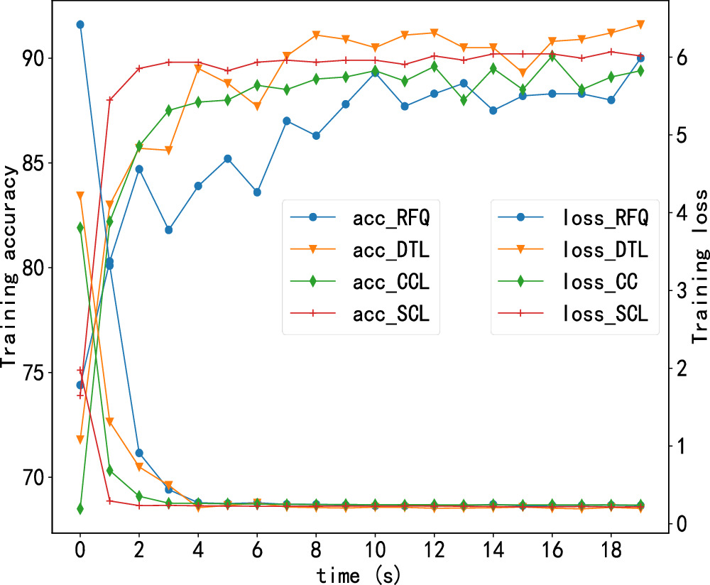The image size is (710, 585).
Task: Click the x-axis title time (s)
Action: pyautogui.click(x=360, y=572)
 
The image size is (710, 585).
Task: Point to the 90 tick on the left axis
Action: pyautogui.click(x=32, y=58)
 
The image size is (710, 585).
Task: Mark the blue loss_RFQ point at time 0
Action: pyautogui.click(x=80, y=24)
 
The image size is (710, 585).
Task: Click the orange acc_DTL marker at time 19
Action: pyautogui.click(x=640, y=25)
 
